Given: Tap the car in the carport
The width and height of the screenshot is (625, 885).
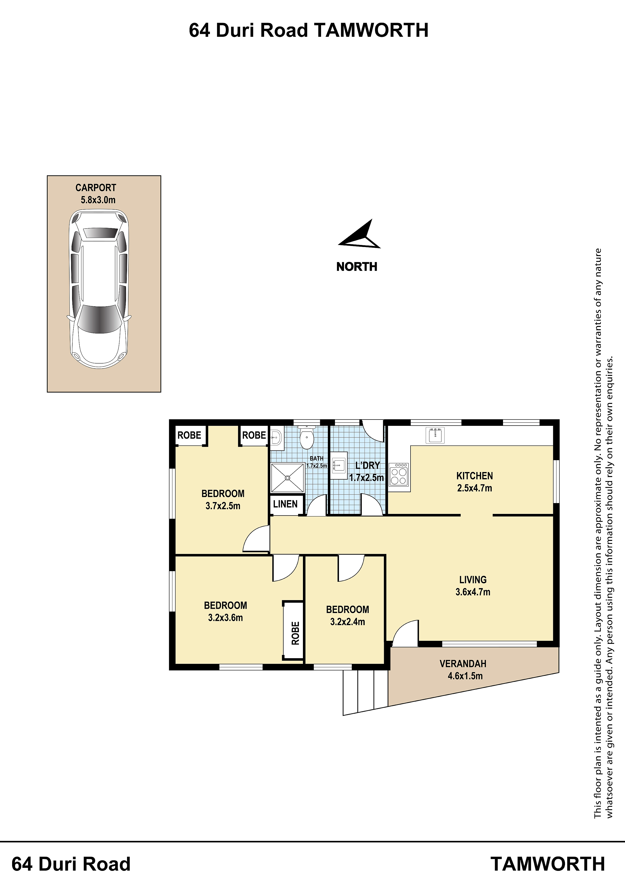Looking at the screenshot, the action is [x=99, y=289].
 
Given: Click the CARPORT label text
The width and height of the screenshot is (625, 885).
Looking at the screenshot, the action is [x=96, y=188].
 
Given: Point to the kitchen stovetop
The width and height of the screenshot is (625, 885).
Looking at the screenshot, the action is [x=399, y=475].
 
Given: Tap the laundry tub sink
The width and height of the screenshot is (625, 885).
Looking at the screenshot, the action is [x=339, y=465].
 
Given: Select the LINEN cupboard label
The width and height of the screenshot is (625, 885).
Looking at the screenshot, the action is [x=285, y=504].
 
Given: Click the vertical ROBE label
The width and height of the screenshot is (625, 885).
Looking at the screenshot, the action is [x=295, y=633].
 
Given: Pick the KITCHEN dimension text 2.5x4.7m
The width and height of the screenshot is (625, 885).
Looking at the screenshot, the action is [x=475, y=488].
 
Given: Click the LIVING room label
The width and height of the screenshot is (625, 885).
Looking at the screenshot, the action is [x=473, y=580].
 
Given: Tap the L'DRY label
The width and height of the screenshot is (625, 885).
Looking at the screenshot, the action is [x=367, y=466].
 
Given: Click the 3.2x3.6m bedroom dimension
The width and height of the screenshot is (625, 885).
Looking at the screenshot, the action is [x=225, y=618].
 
